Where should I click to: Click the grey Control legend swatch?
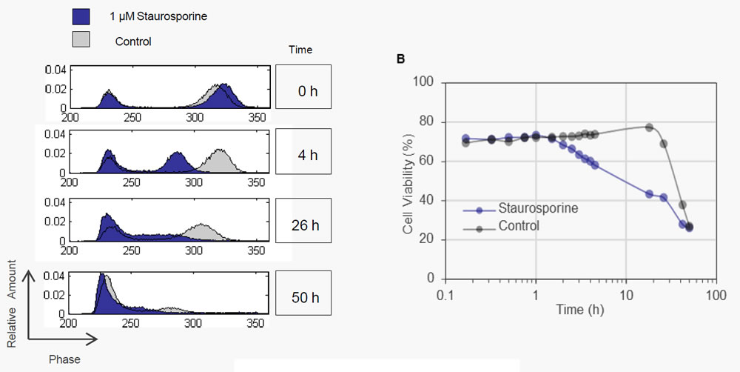(x=81, y=41)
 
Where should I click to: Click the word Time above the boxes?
(x=300, y=50)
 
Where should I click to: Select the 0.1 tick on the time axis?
(x=445, y=294)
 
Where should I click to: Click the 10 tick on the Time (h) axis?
(x=625, y=294)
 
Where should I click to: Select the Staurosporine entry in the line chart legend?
(x=538, y=209)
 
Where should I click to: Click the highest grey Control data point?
(x=649, y=127)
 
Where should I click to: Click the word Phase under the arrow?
(x=64, y=359)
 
